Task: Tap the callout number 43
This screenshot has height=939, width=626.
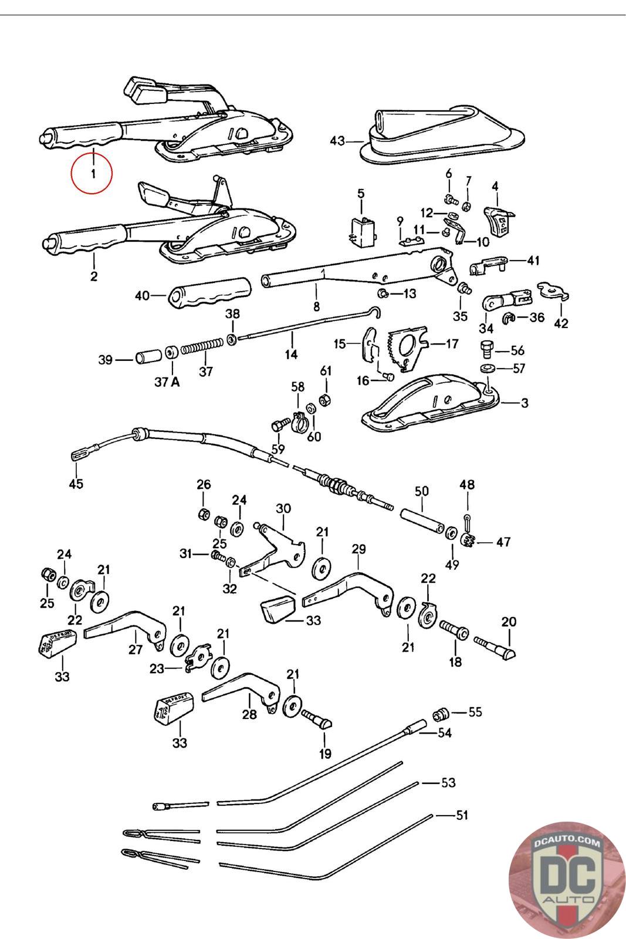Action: click(x=337, y=141)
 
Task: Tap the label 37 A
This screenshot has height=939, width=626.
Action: click(x=167, y=382)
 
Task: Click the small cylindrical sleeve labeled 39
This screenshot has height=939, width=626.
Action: click(x=148, y=357)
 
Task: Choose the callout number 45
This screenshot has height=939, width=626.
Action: click(x=76, y=484)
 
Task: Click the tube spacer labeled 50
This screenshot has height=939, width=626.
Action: click(x=422, y=520)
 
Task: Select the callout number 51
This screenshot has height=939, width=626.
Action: click(x=462, y=815)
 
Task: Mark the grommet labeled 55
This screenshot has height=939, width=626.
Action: click(x=441, y=714)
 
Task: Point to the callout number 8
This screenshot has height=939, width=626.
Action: click(x=316, y=306)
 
